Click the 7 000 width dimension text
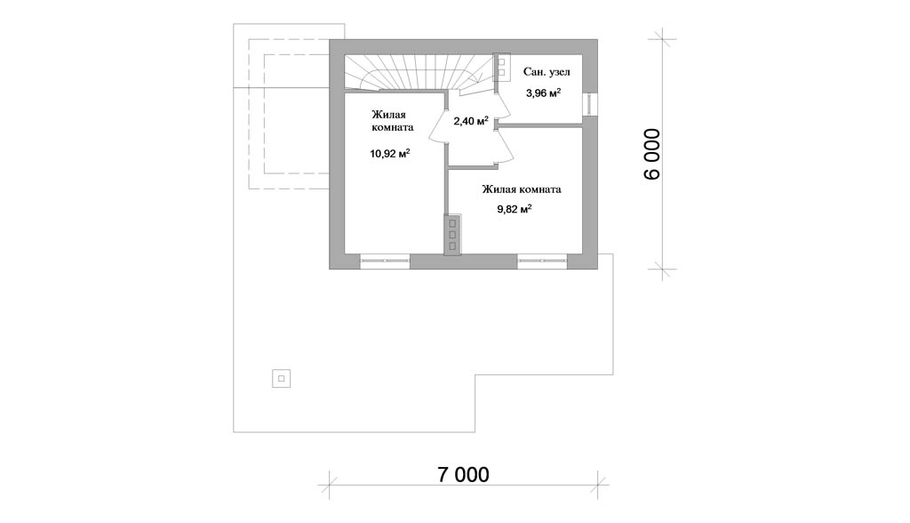pos(463,474)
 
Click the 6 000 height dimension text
pos(652,154)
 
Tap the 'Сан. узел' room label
pos(547,72)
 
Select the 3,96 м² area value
pos(543,93)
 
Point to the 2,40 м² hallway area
pos(471,121)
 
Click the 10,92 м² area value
pos(390,153)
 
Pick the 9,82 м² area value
pos(515,209)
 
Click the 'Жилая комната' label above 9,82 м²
pos(521,189)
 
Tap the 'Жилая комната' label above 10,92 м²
pos(392,121)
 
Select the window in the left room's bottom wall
pos(385,261)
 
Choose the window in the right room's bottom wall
pos(542,261)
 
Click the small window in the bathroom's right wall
pos(590,103)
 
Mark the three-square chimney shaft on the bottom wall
pos(452,234)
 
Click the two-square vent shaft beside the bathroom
pos(501,65)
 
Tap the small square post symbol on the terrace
pos(281,379)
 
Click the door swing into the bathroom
pos(502,106)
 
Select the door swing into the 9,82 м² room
pos(504,147)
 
